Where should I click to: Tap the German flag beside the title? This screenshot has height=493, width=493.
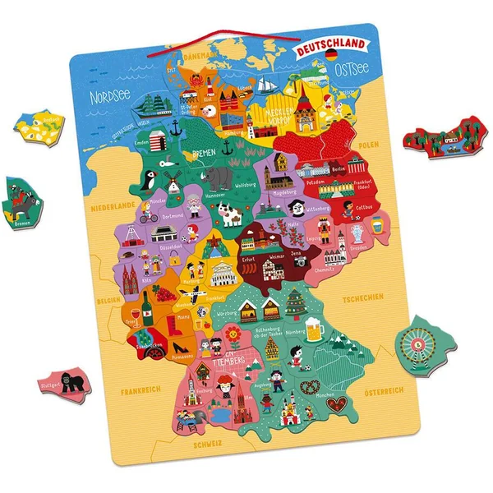(331, 53)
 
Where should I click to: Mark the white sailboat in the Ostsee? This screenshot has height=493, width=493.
(265, 85)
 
